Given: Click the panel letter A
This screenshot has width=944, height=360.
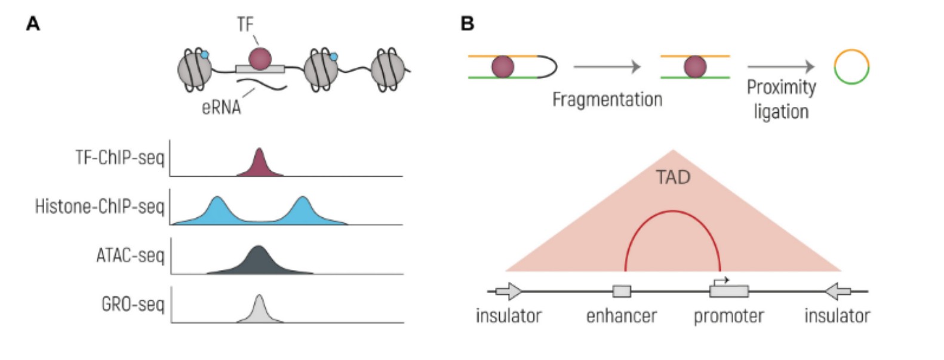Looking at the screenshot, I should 33,24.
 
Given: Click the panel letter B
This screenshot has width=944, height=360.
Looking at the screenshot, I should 468,24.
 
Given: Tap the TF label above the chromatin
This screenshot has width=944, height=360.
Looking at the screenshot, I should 245,24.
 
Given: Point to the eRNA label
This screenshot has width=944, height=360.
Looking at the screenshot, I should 222,107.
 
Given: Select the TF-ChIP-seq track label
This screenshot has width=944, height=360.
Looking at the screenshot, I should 119,158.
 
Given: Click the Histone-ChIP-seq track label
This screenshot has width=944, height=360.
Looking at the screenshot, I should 99,207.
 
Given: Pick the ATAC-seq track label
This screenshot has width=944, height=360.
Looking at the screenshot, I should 130,256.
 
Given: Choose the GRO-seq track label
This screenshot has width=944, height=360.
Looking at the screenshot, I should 133,304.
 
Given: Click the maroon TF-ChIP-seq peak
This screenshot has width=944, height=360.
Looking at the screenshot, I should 259,165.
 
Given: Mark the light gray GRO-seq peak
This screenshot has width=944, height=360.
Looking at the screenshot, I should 259,310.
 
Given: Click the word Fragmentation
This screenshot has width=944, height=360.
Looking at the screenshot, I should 607,99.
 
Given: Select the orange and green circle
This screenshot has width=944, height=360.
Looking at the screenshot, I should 851,66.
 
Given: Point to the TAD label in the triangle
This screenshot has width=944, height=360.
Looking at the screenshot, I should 673,177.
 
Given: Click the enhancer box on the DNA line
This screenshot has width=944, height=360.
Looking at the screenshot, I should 622,291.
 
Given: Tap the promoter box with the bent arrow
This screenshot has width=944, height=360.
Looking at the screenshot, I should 728,291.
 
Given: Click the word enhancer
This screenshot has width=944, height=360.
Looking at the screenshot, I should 621,316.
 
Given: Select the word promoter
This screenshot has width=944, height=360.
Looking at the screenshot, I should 728,316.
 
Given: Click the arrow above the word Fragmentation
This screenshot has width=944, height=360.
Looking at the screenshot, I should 607,67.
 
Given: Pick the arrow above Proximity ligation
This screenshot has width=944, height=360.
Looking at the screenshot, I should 780,67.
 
